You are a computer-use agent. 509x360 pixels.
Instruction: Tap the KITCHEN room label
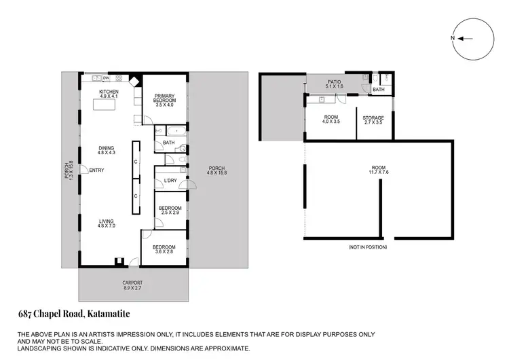[x=109, y=92]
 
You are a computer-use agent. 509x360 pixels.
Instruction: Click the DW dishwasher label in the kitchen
[x=107, y=77]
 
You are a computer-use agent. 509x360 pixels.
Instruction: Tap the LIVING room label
[x=107, y=220]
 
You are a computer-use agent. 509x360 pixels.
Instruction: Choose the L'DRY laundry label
[x=171, y=180]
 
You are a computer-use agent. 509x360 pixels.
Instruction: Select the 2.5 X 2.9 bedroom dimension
[x=170, y=213]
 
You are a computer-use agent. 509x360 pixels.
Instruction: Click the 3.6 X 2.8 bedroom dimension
[x=164, y=251]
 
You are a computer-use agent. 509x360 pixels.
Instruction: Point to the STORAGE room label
[x=373, y=118]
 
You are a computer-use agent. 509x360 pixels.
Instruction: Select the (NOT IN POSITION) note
[x=367, y=247]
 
